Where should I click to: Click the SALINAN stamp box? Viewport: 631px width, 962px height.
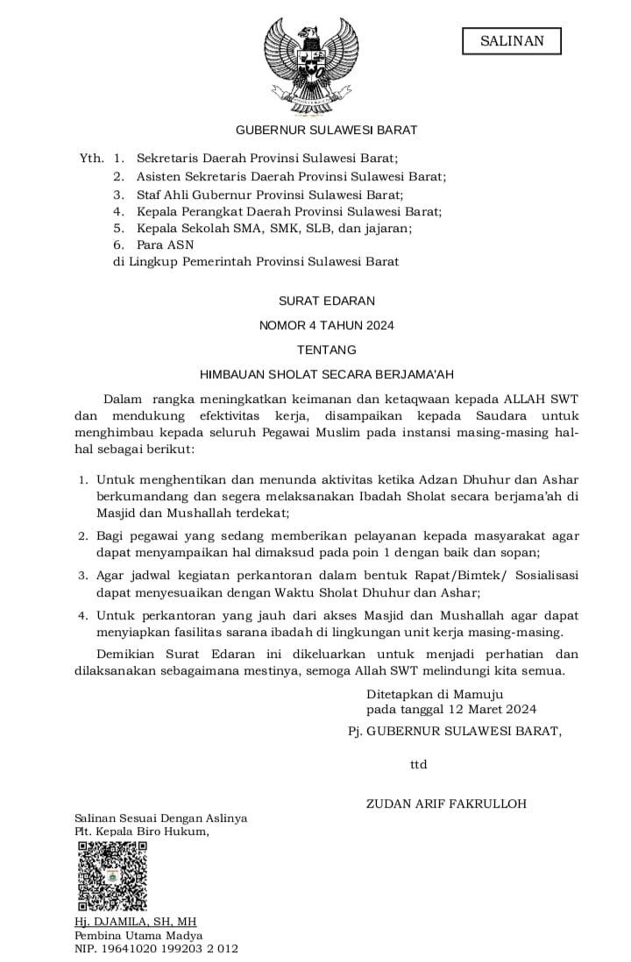tap(512, 41)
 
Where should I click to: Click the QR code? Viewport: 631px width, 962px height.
tap(112, 876)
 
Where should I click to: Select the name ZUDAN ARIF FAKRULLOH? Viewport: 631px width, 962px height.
tap(446, 803)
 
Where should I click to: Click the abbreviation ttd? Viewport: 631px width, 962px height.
tap(418, 765)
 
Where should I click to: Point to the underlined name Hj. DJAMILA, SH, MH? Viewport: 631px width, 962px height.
tap(136, 922)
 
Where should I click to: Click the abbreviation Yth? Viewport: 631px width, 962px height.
tap(91, 159)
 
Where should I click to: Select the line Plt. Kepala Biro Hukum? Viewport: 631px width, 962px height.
tap(142, 831)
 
